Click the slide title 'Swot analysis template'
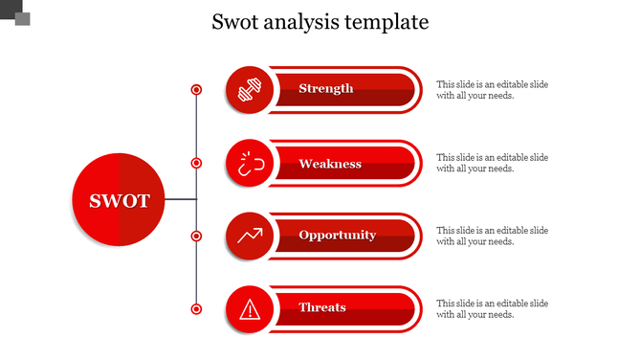click(320, 22)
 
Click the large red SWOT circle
click(119, 200)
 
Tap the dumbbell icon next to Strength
click(250, 90)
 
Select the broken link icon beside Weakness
click(250, 164)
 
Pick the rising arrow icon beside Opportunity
click(250, 236)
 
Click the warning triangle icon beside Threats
click(250, 308)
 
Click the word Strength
click(325, 89)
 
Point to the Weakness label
click(330, 164)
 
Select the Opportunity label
click(337, 236)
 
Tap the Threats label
click(322, 307)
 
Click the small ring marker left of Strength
click(196, 90)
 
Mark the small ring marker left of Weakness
click(196, 164)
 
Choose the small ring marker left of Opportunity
click(196, 236)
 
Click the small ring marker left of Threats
click(196, 308)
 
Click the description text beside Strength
click(492, 90)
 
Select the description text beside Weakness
click(492, 163)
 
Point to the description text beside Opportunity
click(492, 236)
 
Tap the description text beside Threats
click(492, 308)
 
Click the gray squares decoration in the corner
click(15, 12)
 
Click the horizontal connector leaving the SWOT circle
click(180, 200)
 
